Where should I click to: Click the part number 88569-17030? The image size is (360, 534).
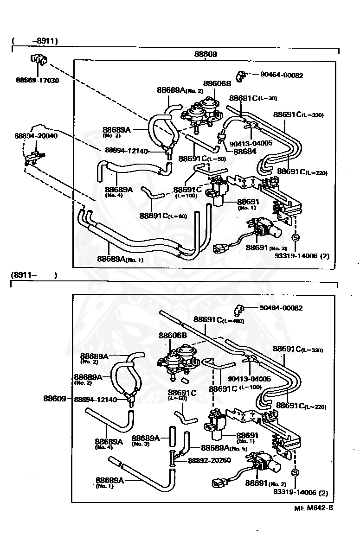37,80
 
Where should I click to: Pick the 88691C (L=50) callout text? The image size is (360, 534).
196,158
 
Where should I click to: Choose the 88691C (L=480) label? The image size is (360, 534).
219,320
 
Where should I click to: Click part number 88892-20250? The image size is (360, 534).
209,461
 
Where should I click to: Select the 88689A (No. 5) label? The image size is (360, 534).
222,448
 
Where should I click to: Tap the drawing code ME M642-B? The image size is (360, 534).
313,508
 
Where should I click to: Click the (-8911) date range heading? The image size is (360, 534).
35,41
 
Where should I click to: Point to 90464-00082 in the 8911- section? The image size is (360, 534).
281,308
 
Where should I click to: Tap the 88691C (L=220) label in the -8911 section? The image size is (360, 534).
302,172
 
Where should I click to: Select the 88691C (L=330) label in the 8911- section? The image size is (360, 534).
298,349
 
